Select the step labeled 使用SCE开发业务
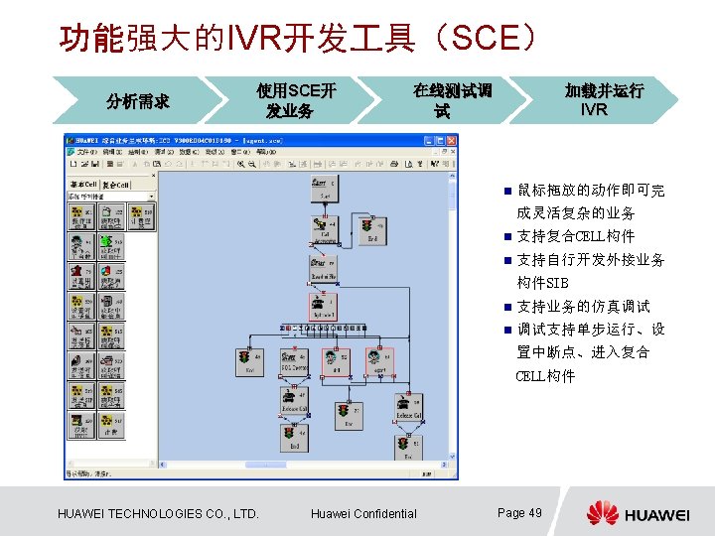296,100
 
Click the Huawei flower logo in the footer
602,513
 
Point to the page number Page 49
519,512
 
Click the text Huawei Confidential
363,513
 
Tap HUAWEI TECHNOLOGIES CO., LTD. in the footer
159,513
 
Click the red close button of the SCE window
452,140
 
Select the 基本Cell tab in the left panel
82,186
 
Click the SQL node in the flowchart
295,362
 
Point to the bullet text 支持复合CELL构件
575,236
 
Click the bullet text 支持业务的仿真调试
583,307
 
